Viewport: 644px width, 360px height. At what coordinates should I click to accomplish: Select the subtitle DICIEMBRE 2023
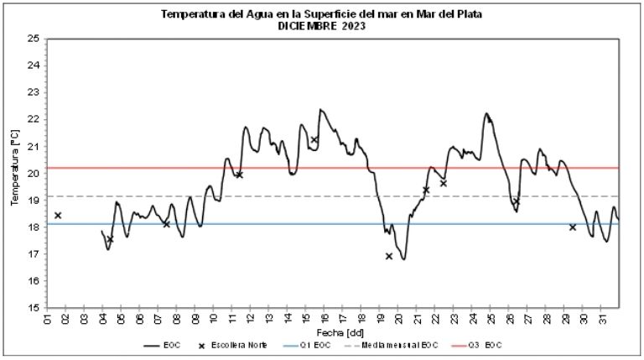321,26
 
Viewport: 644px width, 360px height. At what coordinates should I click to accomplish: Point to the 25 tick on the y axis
33,39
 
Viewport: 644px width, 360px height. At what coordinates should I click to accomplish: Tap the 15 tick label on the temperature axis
33,307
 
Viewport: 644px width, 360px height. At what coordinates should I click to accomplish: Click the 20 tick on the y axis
33,173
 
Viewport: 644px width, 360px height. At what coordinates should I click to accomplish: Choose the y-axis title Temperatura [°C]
14,173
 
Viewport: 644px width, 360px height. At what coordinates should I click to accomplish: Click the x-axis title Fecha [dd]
333,333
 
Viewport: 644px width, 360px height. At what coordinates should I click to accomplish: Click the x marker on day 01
58,216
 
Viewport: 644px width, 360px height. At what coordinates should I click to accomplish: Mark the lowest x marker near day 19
389,256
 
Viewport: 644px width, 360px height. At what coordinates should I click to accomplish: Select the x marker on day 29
573,227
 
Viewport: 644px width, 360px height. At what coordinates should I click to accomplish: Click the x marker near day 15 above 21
314,140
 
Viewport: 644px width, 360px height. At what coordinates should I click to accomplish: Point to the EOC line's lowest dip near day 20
403,258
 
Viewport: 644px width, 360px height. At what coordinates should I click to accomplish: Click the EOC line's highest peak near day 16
320,109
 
